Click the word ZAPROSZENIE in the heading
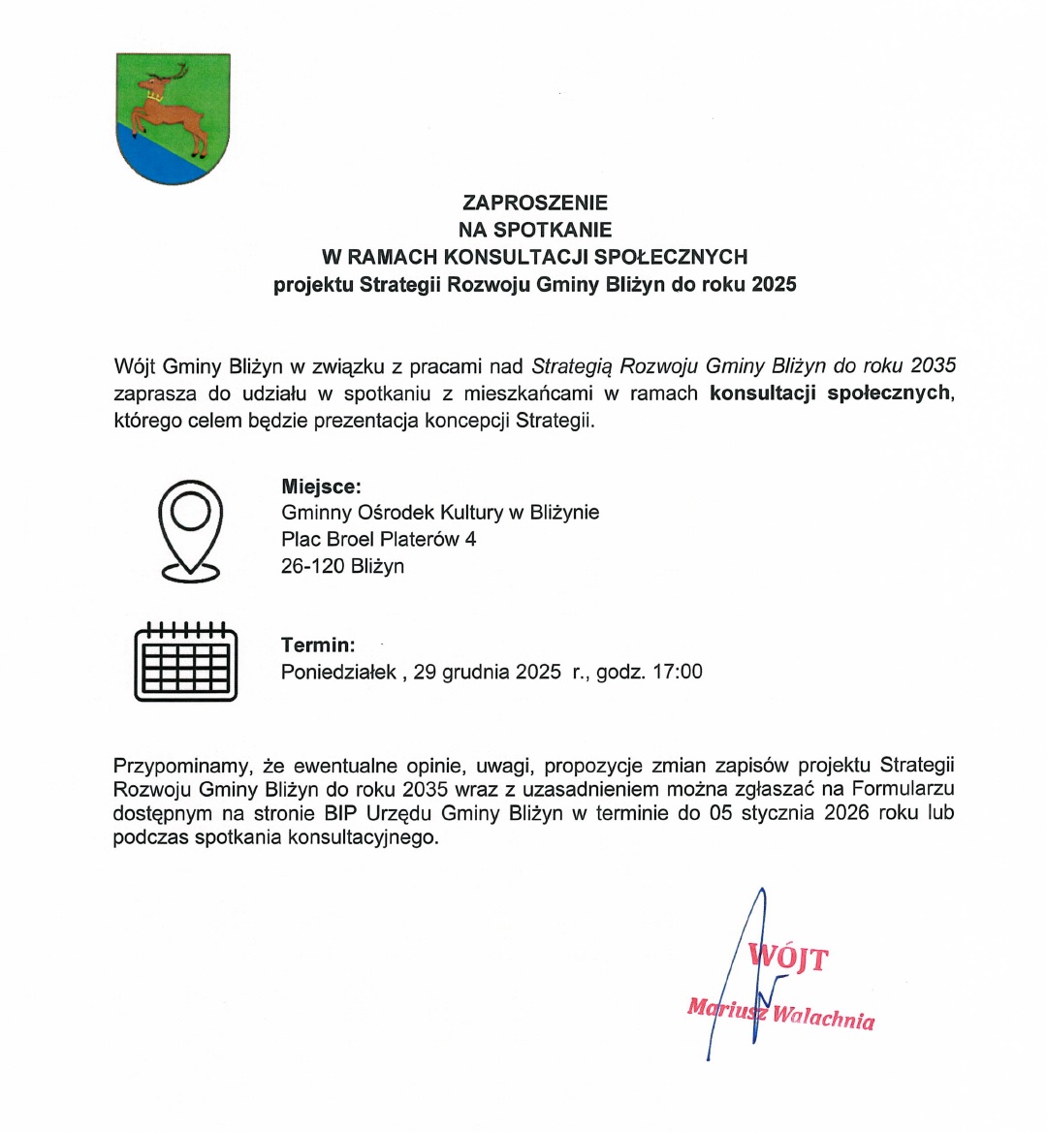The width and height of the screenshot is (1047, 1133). pyautogui.click(x=535, y=203)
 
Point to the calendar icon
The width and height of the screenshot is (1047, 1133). pyautogui.click(x=185, y=660)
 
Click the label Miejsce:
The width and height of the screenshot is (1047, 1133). pyautogui.click(x=321, y=487)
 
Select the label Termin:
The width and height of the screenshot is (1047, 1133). pyautogui.click(x=318, y=645)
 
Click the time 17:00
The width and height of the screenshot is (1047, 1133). pyautogui.click(x=678, y=672)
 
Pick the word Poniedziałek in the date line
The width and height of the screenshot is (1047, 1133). pyautogui.click(x=338, y=672)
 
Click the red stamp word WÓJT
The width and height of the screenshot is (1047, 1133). pyautogui.click(x=789, y=959)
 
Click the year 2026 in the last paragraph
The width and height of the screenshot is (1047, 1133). pyautogui.click(x=847, y=813)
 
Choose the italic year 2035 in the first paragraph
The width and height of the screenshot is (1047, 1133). pyautogui.click(x=934, y=366)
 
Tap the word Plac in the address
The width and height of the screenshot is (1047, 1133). pyautogui.click(x=300, y=539)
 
